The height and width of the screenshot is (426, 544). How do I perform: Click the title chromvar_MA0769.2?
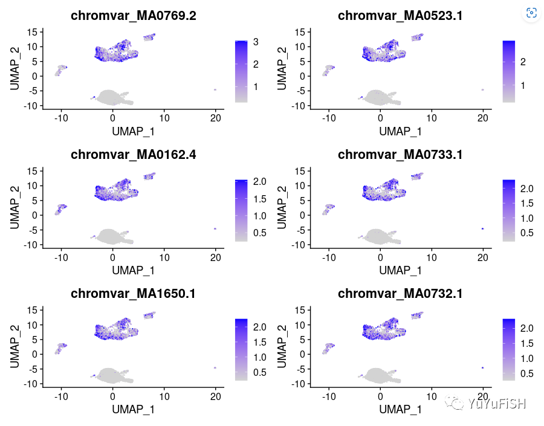[x=133, y=16]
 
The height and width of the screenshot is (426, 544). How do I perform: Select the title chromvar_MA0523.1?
[x=400, y=16]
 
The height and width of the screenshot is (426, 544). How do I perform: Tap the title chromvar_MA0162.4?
[x=133, y=155]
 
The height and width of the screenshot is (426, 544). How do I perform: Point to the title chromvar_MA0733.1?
[x=400, y=155]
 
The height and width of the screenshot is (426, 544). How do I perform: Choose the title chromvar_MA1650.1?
[x=133, y=294]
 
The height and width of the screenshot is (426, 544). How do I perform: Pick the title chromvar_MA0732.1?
[x=400, y=294]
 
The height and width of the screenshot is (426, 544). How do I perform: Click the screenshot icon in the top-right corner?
[x=531, y=13]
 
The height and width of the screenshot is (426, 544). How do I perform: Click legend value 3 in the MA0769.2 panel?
[x=256, y=42]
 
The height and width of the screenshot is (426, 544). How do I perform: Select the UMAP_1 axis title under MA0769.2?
[x=133, y=131]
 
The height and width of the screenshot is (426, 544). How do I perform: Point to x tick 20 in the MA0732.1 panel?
[x=482, y=396]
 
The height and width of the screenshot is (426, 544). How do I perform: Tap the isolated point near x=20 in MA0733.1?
[x=482, y=228]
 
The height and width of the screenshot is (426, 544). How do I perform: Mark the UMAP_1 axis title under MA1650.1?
[x=133, y=409]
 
